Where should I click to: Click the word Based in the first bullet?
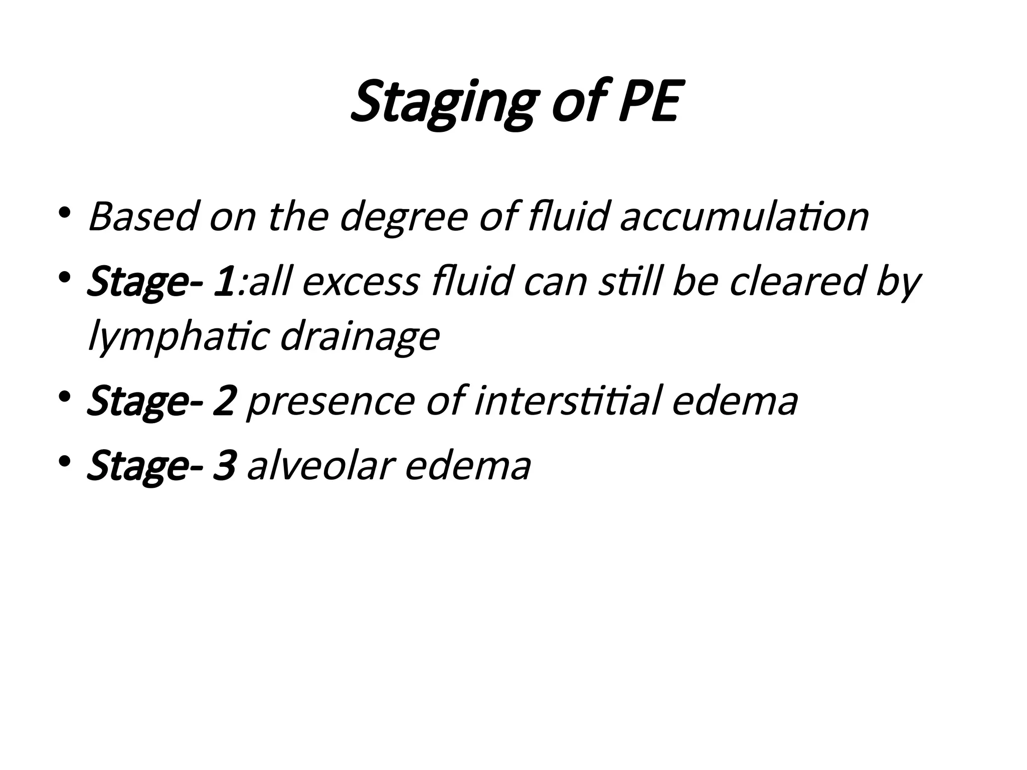(143, 217)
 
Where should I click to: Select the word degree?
(404, 217)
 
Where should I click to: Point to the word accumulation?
(744, 217)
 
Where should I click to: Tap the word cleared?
(797, 282)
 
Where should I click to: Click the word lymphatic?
(180, 337)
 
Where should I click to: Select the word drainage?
(360, 337)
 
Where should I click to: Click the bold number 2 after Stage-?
(224, 401)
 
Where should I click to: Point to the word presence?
(331, 401)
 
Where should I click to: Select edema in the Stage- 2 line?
(735, 401)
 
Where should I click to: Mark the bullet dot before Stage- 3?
(65, 461)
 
